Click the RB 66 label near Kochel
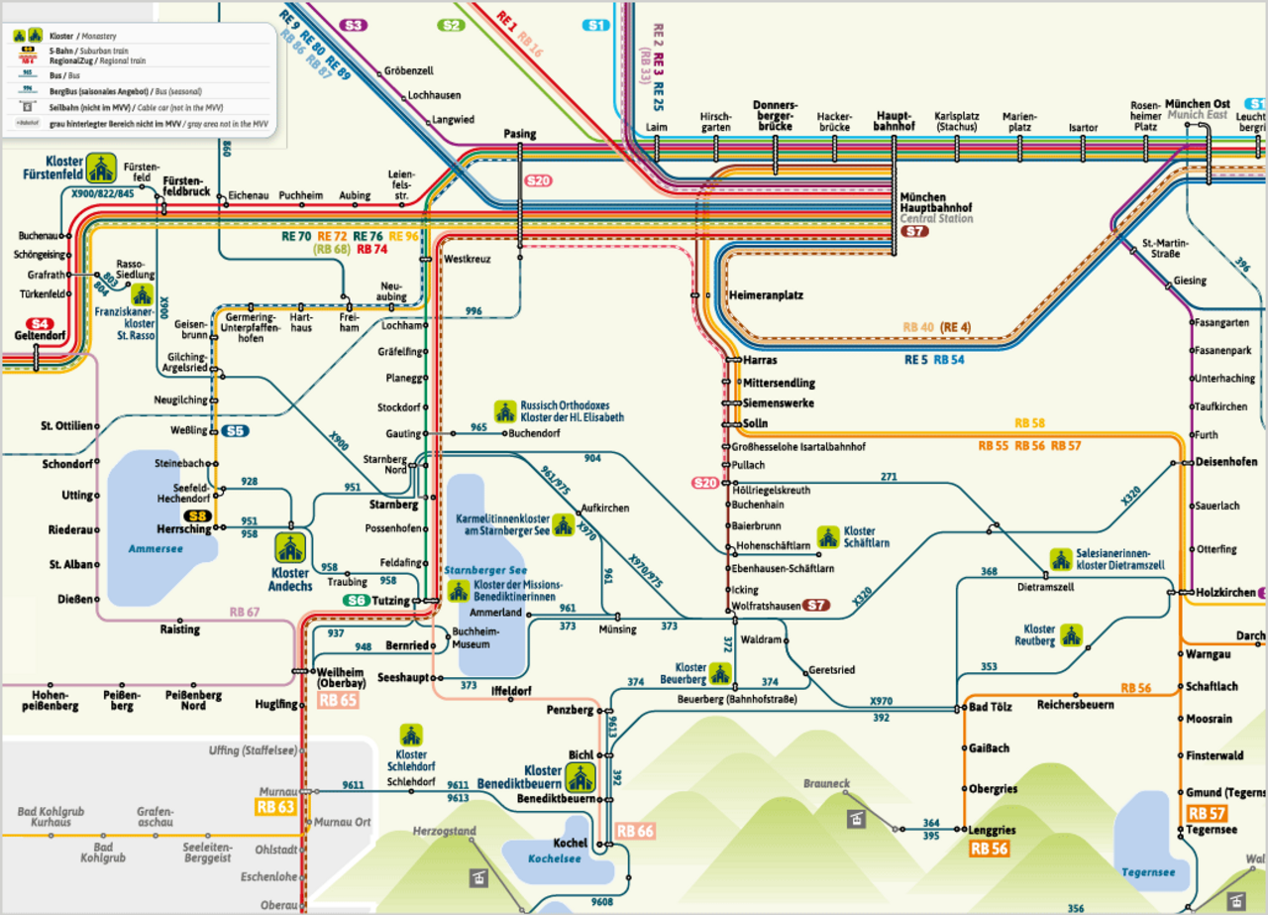[635, 831]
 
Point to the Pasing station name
[519, 133]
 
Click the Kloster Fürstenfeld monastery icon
[101, 168]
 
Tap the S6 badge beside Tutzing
[357, 601]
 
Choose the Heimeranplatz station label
[766, 295]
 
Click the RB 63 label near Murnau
[276, 807]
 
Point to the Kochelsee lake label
[554, 858]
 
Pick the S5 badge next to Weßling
[235, 430]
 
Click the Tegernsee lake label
[1148, 872]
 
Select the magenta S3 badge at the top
[354, 25]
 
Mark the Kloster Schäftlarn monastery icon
[825, 536]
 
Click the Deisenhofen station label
[1225, 461]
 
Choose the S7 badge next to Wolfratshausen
[816, 605]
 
